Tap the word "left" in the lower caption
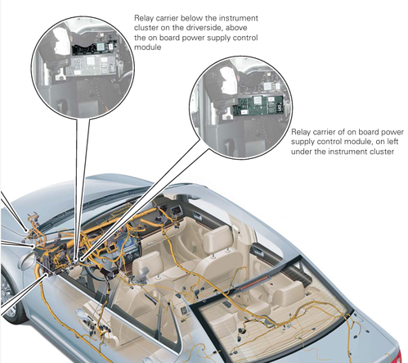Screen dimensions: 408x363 (392, 142)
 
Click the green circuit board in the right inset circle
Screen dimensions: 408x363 (258, 105)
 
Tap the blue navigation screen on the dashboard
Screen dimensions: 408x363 (126, 243)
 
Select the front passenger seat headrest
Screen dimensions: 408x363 (217, 238)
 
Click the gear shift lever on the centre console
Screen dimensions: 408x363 (144, 273)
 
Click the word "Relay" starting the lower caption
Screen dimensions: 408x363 (301, 132)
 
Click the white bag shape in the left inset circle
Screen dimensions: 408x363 (61, 43)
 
